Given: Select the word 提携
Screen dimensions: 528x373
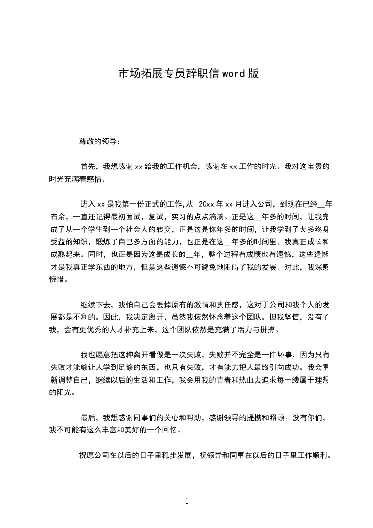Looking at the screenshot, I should [254, 417].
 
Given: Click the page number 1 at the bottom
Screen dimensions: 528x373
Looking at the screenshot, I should [187, 501].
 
